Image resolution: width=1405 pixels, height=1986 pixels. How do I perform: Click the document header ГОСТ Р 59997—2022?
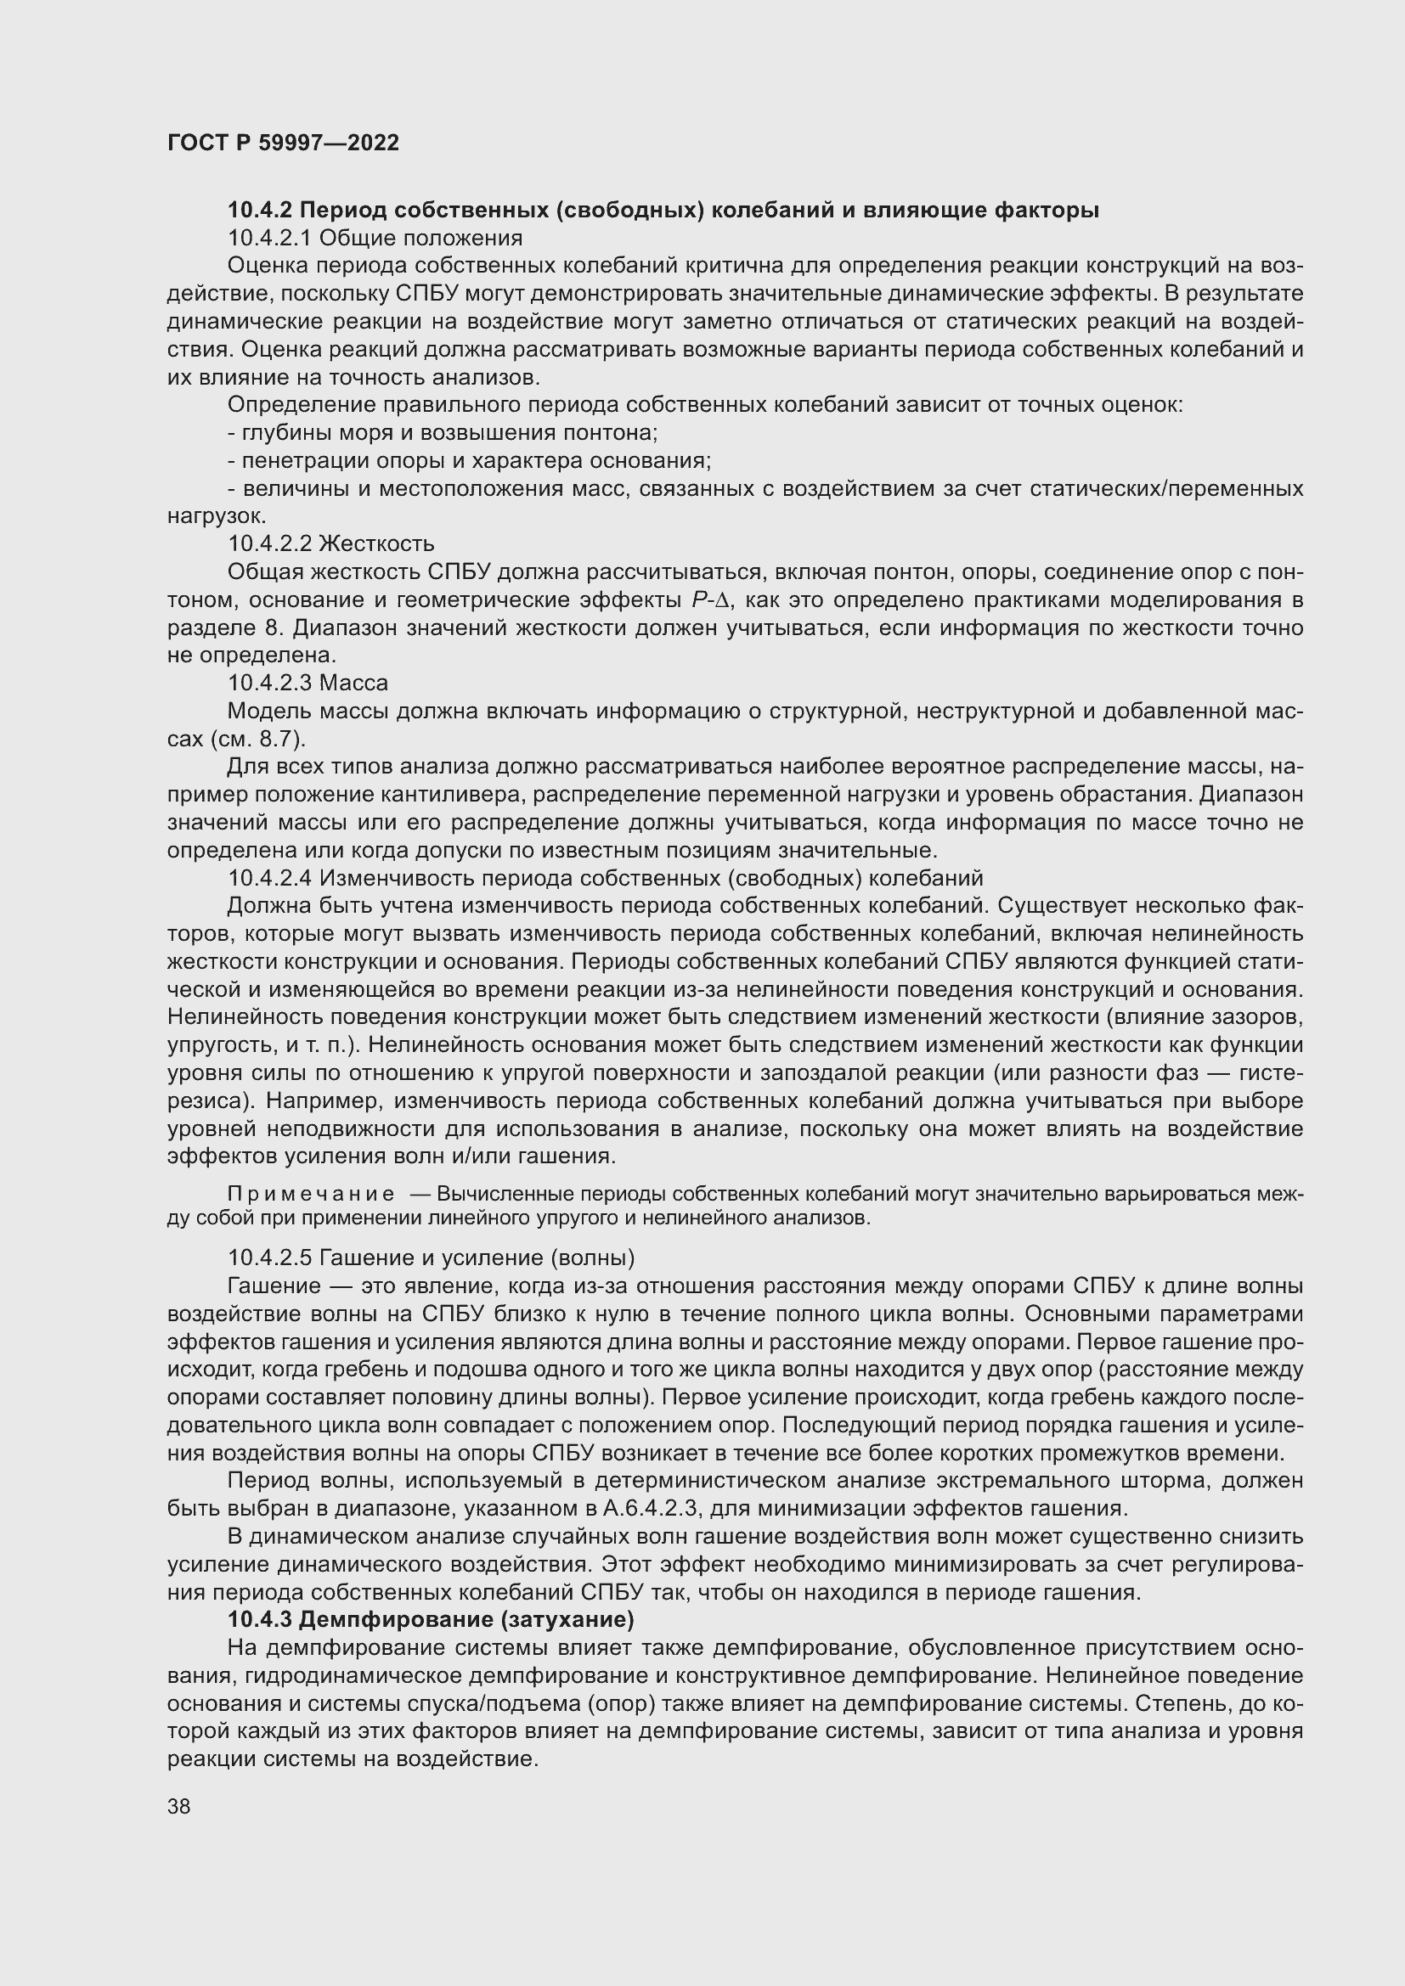[283, 143]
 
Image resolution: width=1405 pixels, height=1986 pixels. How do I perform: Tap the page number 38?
[179, 1806]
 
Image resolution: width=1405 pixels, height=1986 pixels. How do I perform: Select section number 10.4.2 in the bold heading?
[260, 211]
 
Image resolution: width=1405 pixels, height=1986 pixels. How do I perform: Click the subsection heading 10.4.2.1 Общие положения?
[375, 238]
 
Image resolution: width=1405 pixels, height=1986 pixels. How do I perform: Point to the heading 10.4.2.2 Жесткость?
[330, 543]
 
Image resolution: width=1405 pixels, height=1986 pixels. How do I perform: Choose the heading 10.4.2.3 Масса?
[308, 683]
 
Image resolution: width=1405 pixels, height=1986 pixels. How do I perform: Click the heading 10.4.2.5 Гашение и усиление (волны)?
[431, 1257]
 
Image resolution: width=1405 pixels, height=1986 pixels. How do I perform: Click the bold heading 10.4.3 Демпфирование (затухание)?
[431, 1619]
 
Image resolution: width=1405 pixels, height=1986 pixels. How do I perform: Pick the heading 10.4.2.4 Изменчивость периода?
[605, 878]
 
